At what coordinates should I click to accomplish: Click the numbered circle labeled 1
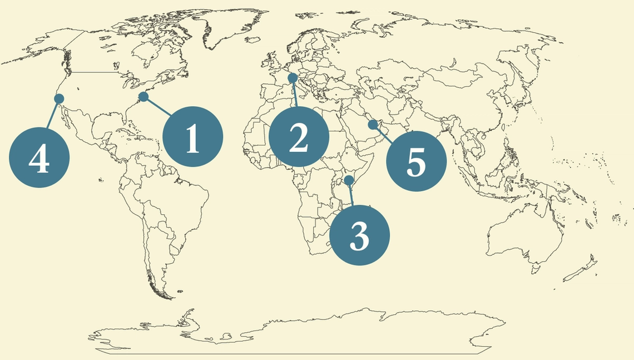click(x=192, y=136)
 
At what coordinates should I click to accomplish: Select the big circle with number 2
click(x=299, y=136)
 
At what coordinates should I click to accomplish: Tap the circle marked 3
click(x=359, y=235)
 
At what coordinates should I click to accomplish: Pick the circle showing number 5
click(x=416, y=161)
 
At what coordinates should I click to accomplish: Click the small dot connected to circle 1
click(x=143, y=97)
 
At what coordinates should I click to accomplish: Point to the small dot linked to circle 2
click(x=293, y=78)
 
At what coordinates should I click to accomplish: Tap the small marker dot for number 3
click(x=349, y=180)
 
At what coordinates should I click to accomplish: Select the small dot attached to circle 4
click(x=59, y=98)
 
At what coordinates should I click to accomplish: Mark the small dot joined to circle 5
click(x=373, y=125)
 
